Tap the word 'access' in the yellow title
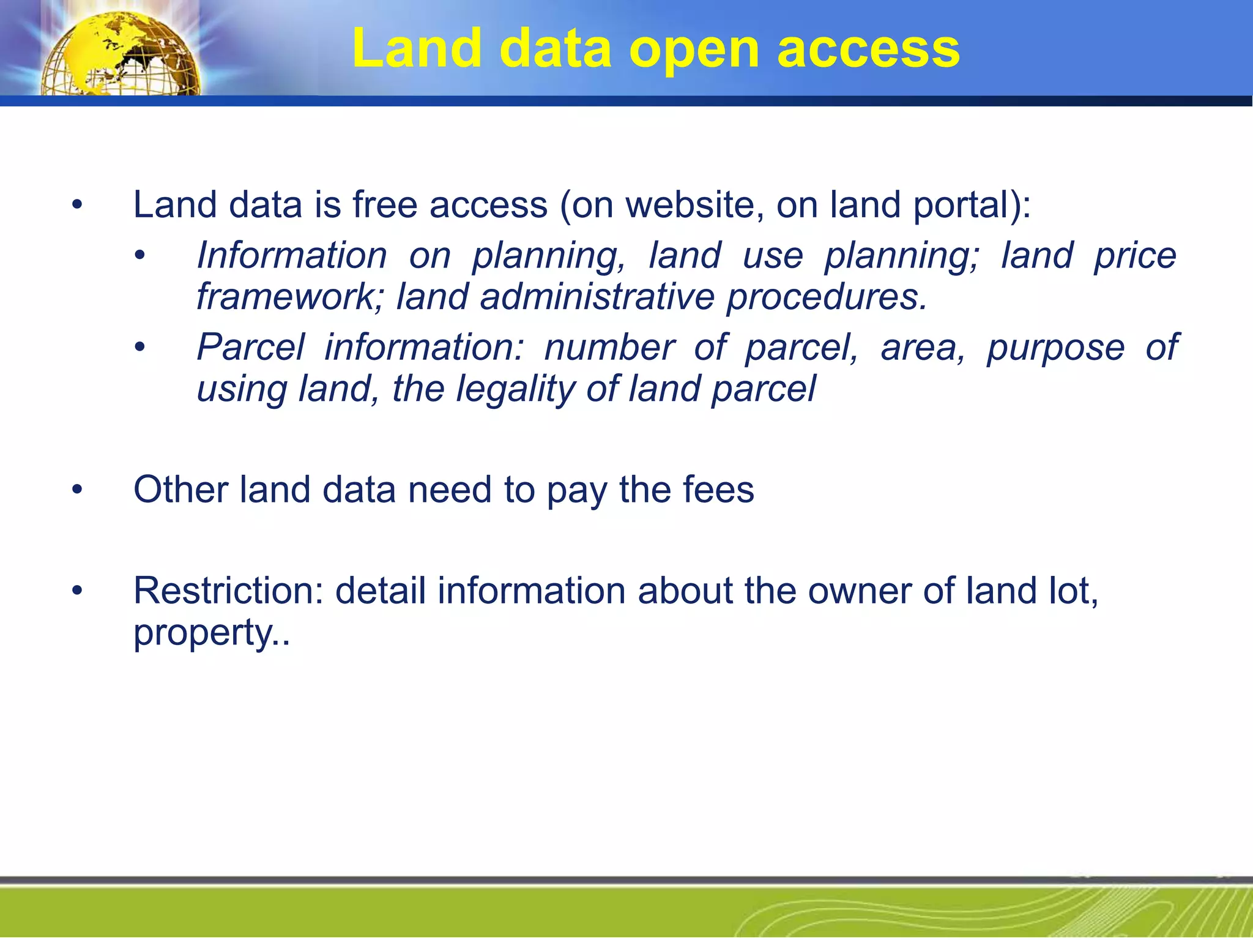(868, 49)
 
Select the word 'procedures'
(827, 298)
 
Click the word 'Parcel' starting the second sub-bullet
(250, 348)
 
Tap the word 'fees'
(718, 490)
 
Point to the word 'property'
(206, 633)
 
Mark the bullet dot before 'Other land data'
(76, 490)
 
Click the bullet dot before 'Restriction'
(76, 591)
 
